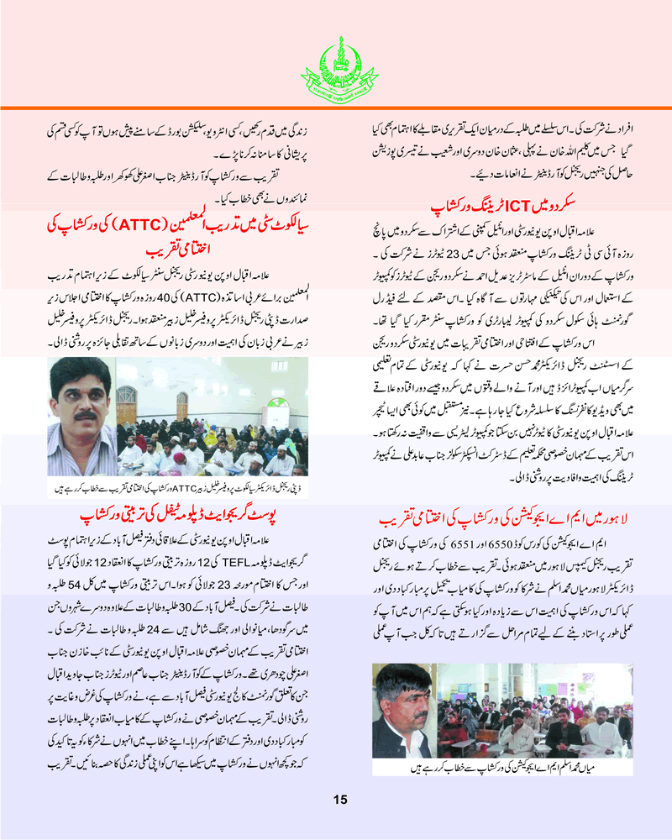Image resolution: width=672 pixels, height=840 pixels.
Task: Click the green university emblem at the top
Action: coord(336,64)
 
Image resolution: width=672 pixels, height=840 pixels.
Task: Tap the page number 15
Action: coord(339,799)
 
